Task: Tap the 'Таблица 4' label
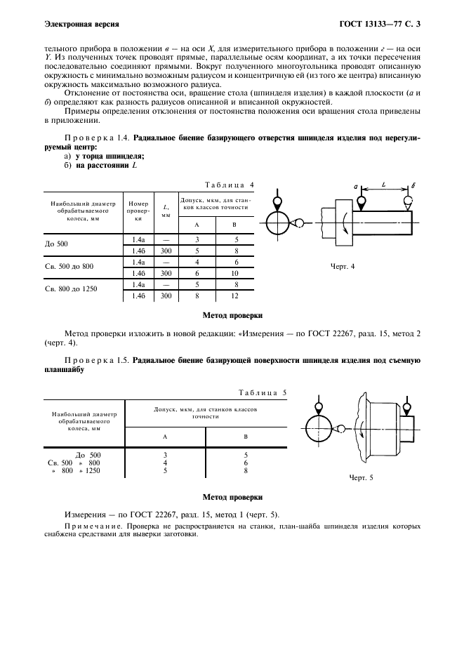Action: pyautogui.click(x=230, y=185)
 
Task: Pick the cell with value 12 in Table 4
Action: pyautogui.click(x=236, y=296)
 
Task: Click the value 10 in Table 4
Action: pyautogui.click(x=236, y=273)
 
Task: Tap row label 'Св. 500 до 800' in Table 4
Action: pyautogui.click(x=69, y=267)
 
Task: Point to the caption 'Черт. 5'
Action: pyautogui.click(x=362, y=478)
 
